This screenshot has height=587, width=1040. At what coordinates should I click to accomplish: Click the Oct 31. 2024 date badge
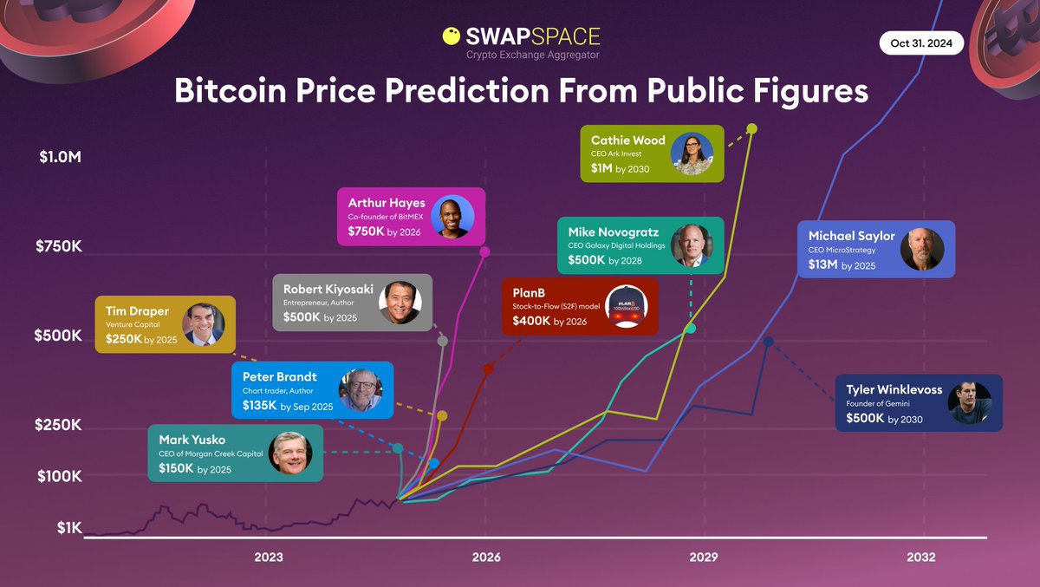coord(921,42)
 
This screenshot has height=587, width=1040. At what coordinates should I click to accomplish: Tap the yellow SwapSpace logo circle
coord(452,36)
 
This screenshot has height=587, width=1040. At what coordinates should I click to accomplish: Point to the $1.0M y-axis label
coord(60,159)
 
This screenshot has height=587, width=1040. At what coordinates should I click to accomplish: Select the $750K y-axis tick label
coord(59,246)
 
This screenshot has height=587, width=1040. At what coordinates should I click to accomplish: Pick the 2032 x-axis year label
coord(921,558)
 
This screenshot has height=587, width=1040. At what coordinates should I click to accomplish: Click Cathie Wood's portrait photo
coord(691,153)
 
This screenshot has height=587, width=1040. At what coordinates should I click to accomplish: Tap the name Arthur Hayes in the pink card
coord(387,203)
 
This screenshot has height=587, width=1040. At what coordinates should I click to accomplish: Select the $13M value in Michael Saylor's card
coord(824,265)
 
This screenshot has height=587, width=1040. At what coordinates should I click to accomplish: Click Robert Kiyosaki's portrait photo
coord(400,303)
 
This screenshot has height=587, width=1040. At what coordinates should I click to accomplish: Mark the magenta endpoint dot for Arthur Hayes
coord(484,251)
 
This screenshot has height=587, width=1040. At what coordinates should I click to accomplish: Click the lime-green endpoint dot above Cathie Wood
coord(751,128)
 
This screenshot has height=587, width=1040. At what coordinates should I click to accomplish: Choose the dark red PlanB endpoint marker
coord(488,369)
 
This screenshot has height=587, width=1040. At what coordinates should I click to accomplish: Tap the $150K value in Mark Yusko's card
coord(176,468)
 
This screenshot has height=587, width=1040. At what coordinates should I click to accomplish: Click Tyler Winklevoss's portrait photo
coord(970,402)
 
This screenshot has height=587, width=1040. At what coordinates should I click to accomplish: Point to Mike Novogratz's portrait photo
coord(691,245)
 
